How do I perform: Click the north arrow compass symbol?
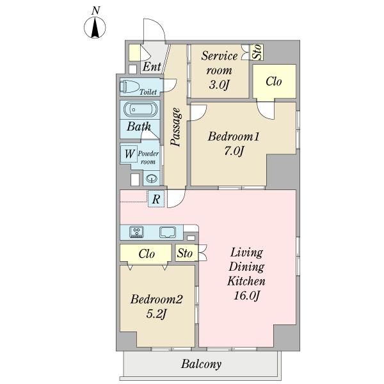[x=95, y=27]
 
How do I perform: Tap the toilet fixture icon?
[x=129, y=86]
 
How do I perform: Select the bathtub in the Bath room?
[x=140, y=109]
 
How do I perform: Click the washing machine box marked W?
[x=129, y=154]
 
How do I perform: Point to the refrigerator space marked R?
[x=156, y=199]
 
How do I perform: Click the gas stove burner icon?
[x=136, y=232]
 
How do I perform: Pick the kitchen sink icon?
[x=168, y=232]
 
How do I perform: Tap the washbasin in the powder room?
[x=152, y=179]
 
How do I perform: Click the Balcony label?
[x=202, y=364]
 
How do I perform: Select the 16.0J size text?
[x=246, y=296]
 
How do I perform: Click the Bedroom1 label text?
[x=233, y=136]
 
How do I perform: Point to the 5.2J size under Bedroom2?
[x=156, y=314]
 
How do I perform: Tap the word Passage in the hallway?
[x=175, y=127]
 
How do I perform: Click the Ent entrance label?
[x=152, y=67]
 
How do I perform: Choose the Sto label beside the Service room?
[x=257, y=52]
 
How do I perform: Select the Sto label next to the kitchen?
[x=185, y=253]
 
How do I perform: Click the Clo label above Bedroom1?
[x=273, y=81]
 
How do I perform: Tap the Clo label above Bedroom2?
[x=147, y=254]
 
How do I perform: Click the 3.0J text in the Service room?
[x=219, y=84]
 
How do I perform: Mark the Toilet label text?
[x=148, y=92]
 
